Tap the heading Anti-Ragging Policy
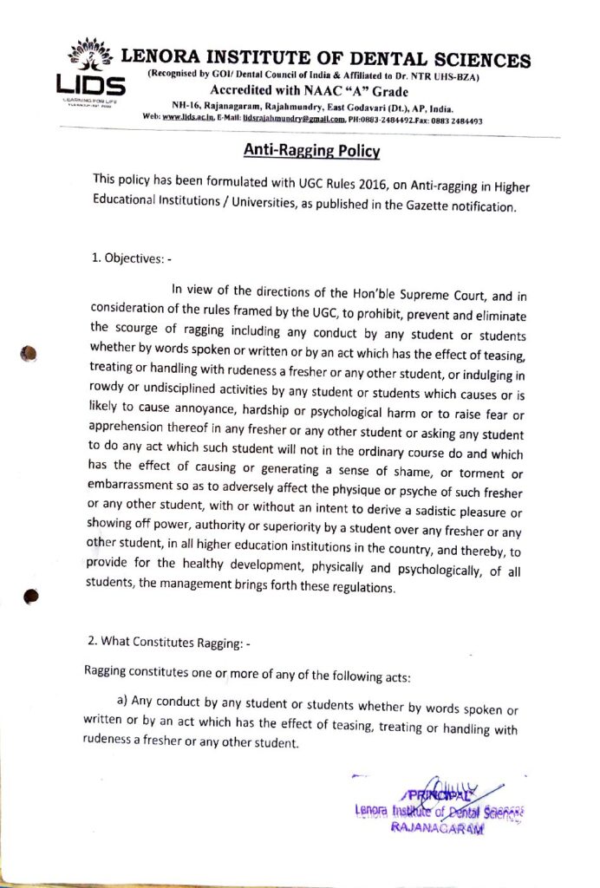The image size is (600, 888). tap(311, 150)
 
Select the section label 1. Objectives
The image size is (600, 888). tap(131, 257)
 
